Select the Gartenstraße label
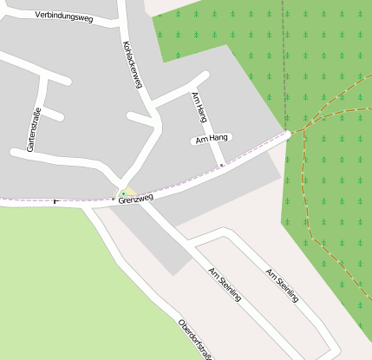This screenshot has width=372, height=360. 34,129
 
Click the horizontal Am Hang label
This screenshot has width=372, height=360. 211,139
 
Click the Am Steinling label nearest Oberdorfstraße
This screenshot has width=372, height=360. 225,285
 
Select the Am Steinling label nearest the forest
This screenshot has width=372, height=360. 283,285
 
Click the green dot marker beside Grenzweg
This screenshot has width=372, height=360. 124,193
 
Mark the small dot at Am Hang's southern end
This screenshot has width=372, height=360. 222,165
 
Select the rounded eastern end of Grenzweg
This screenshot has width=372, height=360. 286,134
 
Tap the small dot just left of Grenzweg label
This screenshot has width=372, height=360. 113,199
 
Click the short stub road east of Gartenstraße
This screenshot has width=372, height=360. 53,115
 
